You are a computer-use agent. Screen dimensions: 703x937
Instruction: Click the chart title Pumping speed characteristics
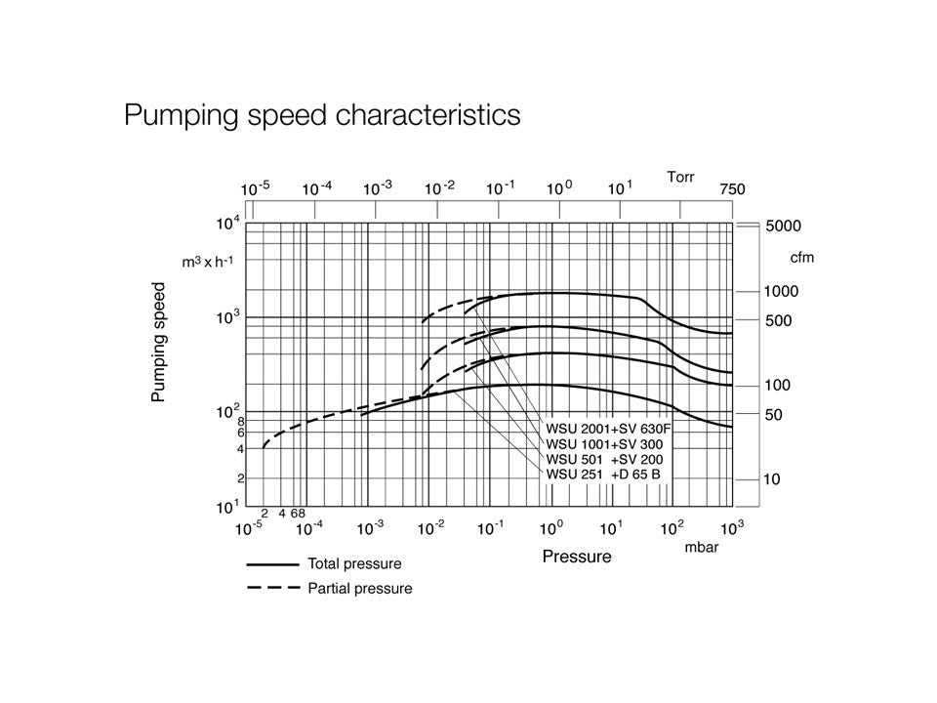(322, 116)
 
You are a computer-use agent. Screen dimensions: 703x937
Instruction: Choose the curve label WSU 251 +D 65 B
(604, 475)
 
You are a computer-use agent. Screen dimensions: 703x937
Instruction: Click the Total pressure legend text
(354, 563)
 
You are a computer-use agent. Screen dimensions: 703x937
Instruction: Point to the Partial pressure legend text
(359, 589)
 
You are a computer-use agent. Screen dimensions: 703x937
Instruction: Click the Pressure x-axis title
(577, 557)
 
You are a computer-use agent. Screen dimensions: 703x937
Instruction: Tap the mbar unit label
(701, 548)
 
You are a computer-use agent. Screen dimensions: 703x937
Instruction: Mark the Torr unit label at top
(681, 177)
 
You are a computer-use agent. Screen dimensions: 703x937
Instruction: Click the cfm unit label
(801, 258)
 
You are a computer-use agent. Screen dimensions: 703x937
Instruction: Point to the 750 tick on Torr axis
(732, 189)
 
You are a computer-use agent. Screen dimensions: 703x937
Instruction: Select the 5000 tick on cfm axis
(783, 226)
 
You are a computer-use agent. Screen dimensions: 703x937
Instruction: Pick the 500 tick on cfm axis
(779, 320)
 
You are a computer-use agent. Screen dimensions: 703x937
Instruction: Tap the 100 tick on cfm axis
(778, 386)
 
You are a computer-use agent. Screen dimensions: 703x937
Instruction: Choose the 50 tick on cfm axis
(774, 415)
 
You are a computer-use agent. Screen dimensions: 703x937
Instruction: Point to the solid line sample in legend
(272, 563)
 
